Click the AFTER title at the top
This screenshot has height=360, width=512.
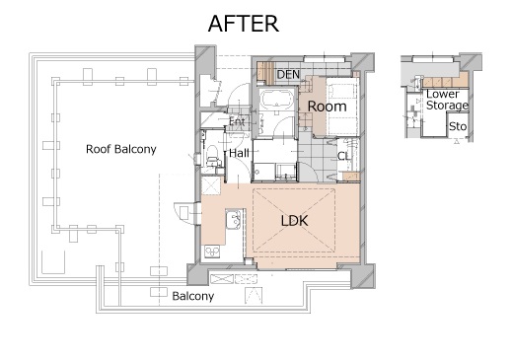244,24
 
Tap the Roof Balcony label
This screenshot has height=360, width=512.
121,149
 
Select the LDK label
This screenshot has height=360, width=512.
295,221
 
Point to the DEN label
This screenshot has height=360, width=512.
288,75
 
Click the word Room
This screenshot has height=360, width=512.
327,107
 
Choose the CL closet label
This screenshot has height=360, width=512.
344,156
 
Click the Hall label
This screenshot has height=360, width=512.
239,153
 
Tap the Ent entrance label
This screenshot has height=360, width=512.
237,121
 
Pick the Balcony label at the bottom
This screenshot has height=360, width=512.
193,296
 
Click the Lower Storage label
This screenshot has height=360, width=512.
447,100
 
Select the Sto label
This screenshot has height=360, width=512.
458,126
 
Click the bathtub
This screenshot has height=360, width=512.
276,99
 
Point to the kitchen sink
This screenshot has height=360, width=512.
233,219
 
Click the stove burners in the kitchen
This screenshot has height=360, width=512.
212,252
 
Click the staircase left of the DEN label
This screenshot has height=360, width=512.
265,72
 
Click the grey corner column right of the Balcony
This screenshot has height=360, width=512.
363,275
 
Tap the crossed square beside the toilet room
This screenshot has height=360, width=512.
210,185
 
